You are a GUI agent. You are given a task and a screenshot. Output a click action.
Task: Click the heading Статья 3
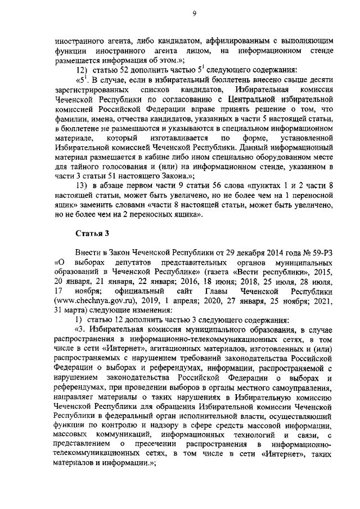point(91,234)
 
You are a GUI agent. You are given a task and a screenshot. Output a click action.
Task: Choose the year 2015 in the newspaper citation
point(327,272)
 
